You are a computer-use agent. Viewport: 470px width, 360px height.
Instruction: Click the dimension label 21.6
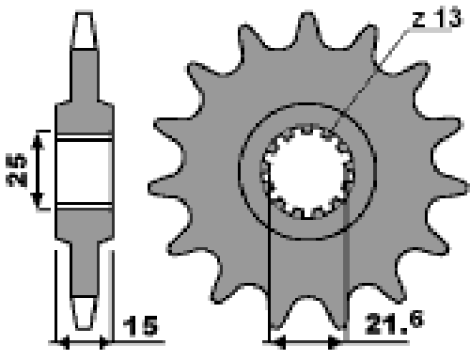point(395,322)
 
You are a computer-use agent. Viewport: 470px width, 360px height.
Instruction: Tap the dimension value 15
point(140,326)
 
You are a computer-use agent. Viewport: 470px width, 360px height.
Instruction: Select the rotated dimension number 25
point(16,170)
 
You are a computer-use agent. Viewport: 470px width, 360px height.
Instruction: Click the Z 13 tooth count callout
point(436,18)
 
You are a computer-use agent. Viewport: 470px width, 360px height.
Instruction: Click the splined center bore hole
point(307,172)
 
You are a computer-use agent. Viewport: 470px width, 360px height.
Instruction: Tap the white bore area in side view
point(84,172)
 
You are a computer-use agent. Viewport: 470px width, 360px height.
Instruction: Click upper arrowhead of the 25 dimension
point(38,140)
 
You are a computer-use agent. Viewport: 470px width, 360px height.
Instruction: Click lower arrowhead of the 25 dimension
point(38,200)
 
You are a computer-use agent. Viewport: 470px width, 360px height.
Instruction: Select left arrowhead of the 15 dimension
point(64,342)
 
